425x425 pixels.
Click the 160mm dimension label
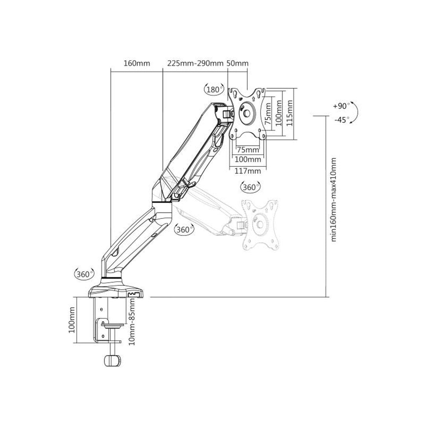pyautogui.click(x=137, y=63)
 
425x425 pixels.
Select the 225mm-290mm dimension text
pyautogui.click(x=195, y=63)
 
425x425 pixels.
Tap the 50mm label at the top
pyautogui.click(x=237, y=63)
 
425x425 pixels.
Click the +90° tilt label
pyautogui.click(x=340, y=106)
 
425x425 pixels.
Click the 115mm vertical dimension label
pyautogui.click(x=290, y=113)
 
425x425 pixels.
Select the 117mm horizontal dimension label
pyautogui.click(x=248, y=171)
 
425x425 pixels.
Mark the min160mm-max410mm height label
pyautogui.click(x=333, y=200)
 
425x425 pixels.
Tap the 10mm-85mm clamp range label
pyautogui.click(x=132, y=322)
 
